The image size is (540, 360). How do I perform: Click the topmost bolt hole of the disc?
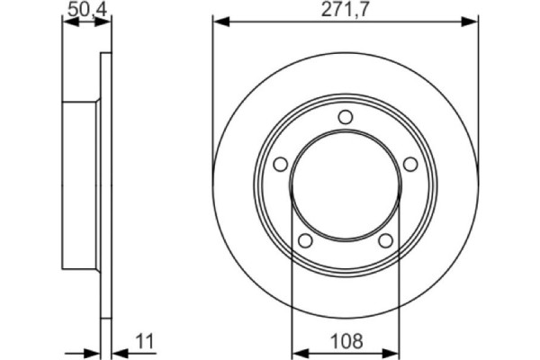coord(345,117)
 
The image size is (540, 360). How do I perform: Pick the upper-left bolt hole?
coord(279,164)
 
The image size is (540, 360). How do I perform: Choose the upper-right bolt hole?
coord(410,164)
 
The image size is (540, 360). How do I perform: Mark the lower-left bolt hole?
coord(304,240)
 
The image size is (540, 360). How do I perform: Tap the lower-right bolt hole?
coord(385,240)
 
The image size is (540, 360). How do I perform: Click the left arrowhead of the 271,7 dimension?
coord(219,20)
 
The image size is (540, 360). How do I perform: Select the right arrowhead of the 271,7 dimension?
coord(471,20)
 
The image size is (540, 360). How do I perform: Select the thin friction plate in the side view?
coord(105,185)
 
